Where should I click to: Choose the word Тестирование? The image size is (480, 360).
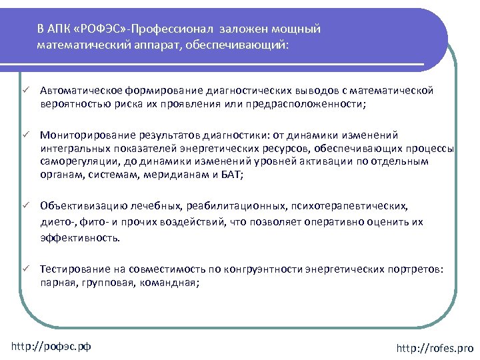pyautogui.click(x=71, y=269)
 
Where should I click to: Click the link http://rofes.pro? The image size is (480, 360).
pyautogui.click(x=435, y=347)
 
